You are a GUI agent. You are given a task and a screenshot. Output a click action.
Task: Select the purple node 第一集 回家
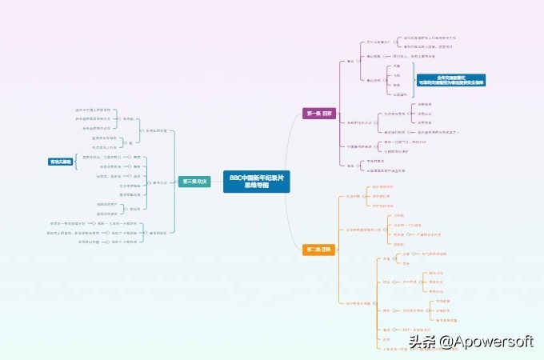click(x=318, y=114)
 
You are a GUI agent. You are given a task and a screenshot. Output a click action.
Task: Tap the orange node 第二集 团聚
click(x=317, y=250)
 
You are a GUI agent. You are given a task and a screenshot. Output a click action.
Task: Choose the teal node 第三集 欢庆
click(x=194, y=182)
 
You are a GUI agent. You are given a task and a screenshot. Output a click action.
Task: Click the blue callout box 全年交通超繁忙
click(x=451, y=79)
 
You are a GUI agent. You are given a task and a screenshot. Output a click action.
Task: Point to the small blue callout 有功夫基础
click(x=61, y=161)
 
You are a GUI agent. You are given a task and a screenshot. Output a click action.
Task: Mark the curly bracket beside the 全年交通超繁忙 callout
click(x=413, y=80)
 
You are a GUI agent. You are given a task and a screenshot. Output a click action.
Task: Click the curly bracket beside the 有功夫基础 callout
click(x=77, y=162)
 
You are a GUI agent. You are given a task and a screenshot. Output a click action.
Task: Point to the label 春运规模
click(x=374, y=57)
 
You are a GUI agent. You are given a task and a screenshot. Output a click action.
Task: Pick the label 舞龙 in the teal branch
click(x=137, y=157)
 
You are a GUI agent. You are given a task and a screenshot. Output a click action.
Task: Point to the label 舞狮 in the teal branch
click(x=137, y=166)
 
